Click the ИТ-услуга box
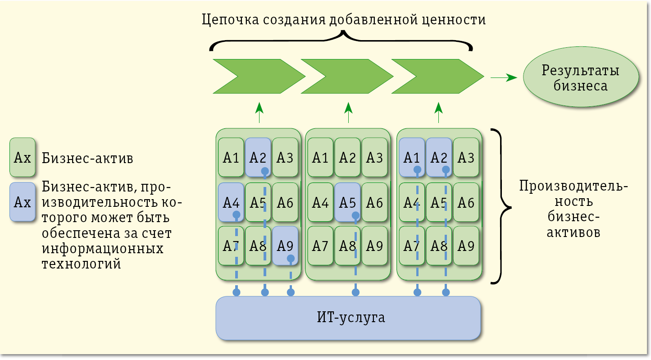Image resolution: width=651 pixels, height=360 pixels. coord(348,318)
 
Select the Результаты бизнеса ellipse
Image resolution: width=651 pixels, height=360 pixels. coord(581,77)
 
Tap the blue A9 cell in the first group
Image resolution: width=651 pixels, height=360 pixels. coord(285,246)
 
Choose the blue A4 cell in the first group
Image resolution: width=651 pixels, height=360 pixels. coord(231,202)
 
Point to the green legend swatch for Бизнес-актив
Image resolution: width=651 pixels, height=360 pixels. coord(23,157)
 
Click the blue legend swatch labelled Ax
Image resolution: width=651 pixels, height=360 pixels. coord(23,202)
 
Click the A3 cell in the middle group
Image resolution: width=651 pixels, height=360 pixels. coord(375,157)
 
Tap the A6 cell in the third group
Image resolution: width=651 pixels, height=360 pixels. coord(466,202)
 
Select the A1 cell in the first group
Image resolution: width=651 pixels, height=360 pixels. coord(231,157)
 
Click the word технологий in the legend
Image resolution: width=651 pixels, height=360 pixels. coord(82,264)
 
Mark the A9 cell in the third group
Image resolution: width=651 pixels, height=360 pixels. coord(466,246)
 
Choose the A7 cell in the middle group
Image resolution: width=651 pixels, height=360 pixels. coord(320,246)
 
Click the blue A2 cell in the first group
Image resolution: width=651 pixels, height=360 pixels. coord(258,157)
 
